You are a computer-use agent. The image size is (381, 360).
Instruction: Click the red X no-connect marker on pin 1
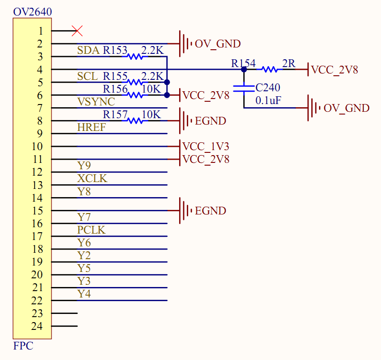click(x=77, y=31)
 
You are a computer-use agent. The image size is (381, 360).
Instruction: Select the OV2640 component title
click(x=32, y=11)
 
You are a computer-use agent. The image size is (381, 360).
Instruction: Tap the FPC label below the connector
click(x=23, y=346)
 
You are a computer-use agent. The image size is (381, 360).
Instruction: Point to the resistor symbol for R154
click(x=269, y=69)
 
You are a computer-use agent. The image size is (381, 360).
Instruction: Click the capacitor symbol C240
click(x=244, y=88)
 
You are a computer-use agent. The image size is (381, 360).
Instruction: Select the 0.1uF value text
click(x=268, y=100)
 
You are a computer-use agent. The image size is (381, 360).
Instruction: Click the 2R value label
click(x=288, y=63)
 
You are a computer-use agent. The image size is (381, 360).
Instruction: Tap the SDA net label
click(x=88, y=50)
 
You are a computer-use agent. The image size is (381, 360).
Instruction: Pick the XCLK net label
click(x=93, y=178)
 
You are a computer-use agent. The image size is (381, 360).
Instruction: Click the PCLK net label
click(x=92, y=230)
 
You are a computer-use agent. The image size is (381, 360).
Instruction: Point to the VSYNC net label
click(x=96, y=102)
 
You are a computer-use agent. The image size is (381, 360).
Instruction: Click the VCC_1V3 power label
click(x=206, y=146)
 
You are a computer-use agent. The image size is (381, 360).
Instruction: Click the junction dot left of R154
click(x=244, y=69)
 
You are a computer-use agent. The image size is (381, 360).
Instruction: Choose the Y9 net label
click(x=84, y=166)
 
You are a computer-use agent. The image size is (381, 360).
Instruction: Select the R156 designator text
click(x=115, y=89)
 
